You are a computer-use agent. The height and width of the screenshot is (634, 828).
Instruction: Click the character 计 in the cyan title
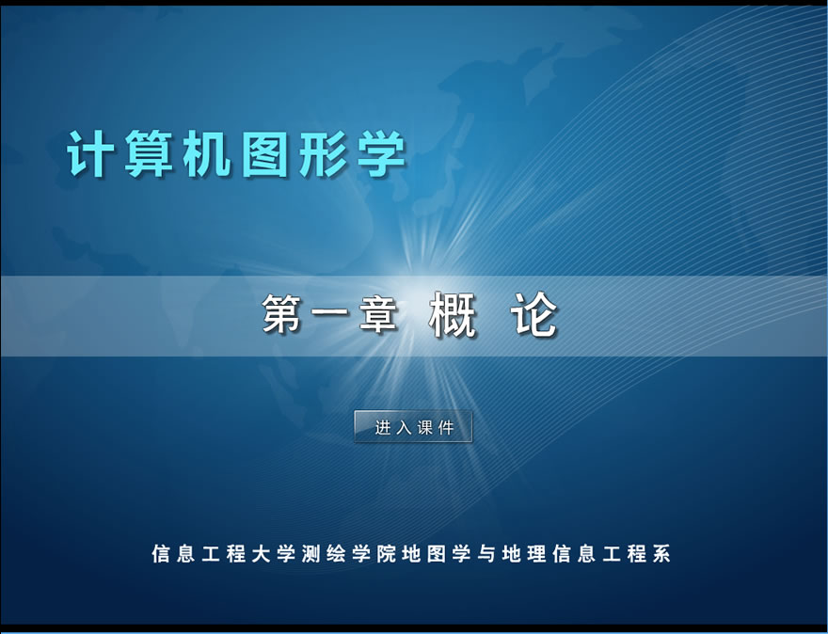tap(89, 153)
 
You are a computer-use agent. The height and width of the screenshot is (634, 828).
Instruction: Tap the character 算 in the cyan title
tap(149, 153)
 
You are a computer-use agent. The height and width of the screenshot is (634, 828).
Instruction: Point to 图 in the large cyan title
tap(265, 153)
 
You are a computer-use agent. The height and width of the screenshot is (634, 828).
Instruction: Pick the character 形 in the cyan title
tap(323, 153)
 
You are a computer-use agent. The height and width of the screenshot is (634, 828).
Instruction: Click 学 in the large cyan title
tap(382, 153)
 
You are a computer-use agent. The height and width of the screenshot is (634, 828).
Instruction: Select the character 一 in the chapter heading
tap(330, 313)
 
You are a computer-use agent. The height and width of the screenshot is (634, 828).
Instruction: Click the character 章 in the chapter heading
tap(378, 313)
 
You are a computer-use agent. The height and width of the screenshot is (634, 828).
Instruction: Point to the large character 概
tap(453, 314)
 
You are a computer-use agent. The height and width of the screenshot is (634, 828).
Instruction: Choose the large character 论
tap(534, 314)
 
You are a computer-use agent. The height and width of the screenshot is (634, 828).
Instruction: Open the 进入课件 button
tap(413, 426)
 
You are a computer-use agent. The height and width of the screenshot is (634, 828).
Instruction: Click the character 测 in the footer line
tap(311, 554)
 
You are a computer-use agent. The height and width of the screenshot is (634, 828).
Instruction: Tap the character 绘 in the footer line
tap(336, 554)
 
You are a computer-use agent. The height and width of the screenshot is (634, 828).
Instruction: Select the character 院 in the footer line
tap(386, 554)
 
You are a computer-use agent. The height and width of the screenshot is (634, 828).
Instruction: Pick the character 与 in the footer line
tap(486, 554)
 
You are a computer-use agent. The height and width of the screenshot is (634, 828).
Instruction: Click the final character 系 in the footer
tap(661, 554)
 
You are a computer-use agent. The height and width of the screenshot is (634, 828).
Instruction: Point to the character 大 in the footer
tap(261, 554)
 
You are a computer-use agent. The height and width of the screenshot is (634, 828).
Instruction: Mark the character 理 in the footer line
tap(536, 554)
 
